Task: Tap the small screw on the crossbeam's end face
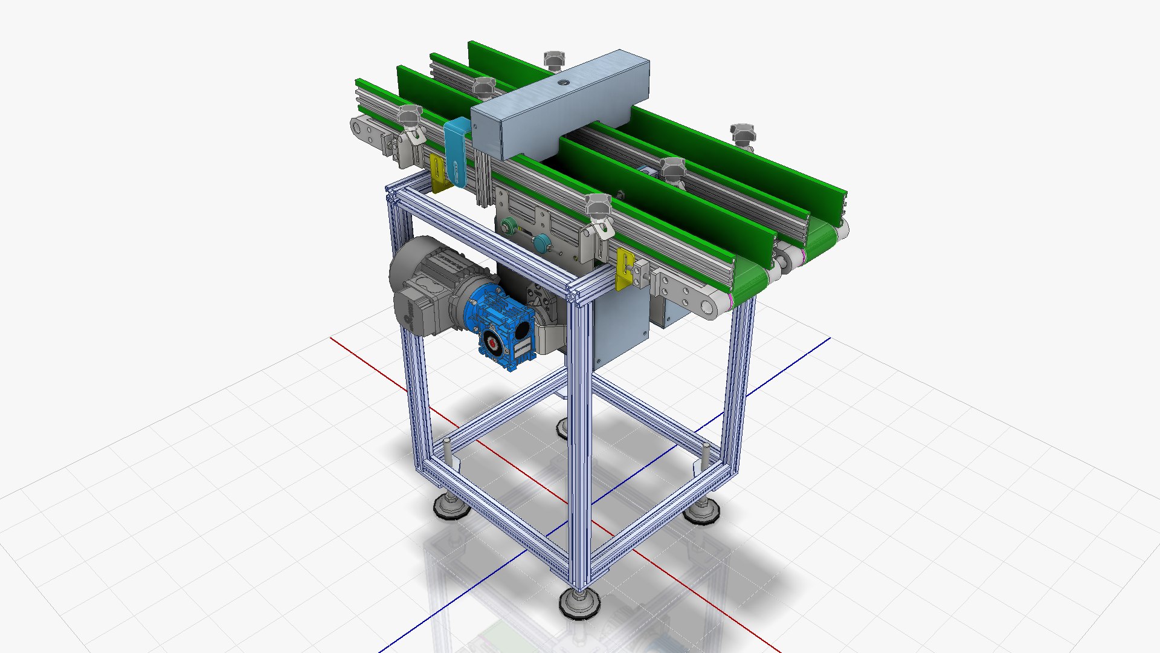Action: [x=475, y=128]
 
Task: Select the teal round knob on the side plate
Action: [x=541, y=242]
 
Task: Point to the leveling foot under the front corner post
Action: [x=579, y=601]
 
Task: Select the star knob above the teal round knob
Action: [x=598, y=206]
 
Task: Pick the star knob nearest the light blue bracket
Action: [x=410, y=115]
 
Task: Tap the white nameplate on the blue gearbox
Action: [x=522, y=346]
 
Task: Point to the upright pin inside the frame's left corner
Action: [x=447, y=450]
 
